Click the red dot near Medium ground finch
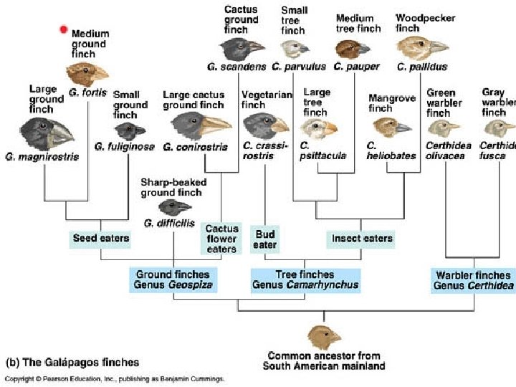click(x=64, y=29)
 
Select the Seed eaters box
click(x=101, y=238)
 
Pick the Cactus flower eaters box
click(x=221, y=239)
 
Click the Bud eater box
click(x=264, y=239)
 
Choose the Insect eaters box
click(x=362, y=238)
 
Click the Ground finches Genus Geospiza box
click(x=173, y=279)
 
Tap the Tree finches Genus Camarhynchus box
click(x=305, y=279)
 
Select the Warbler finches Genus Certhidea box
click(x=473, y=279)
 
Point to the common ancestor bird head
click(x=324, y=336)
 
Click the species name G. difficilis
click(x=168, y=223)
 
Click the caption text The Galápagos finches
click(x=72, y=362)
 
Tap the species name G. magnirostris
click(x=40, y=156)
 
